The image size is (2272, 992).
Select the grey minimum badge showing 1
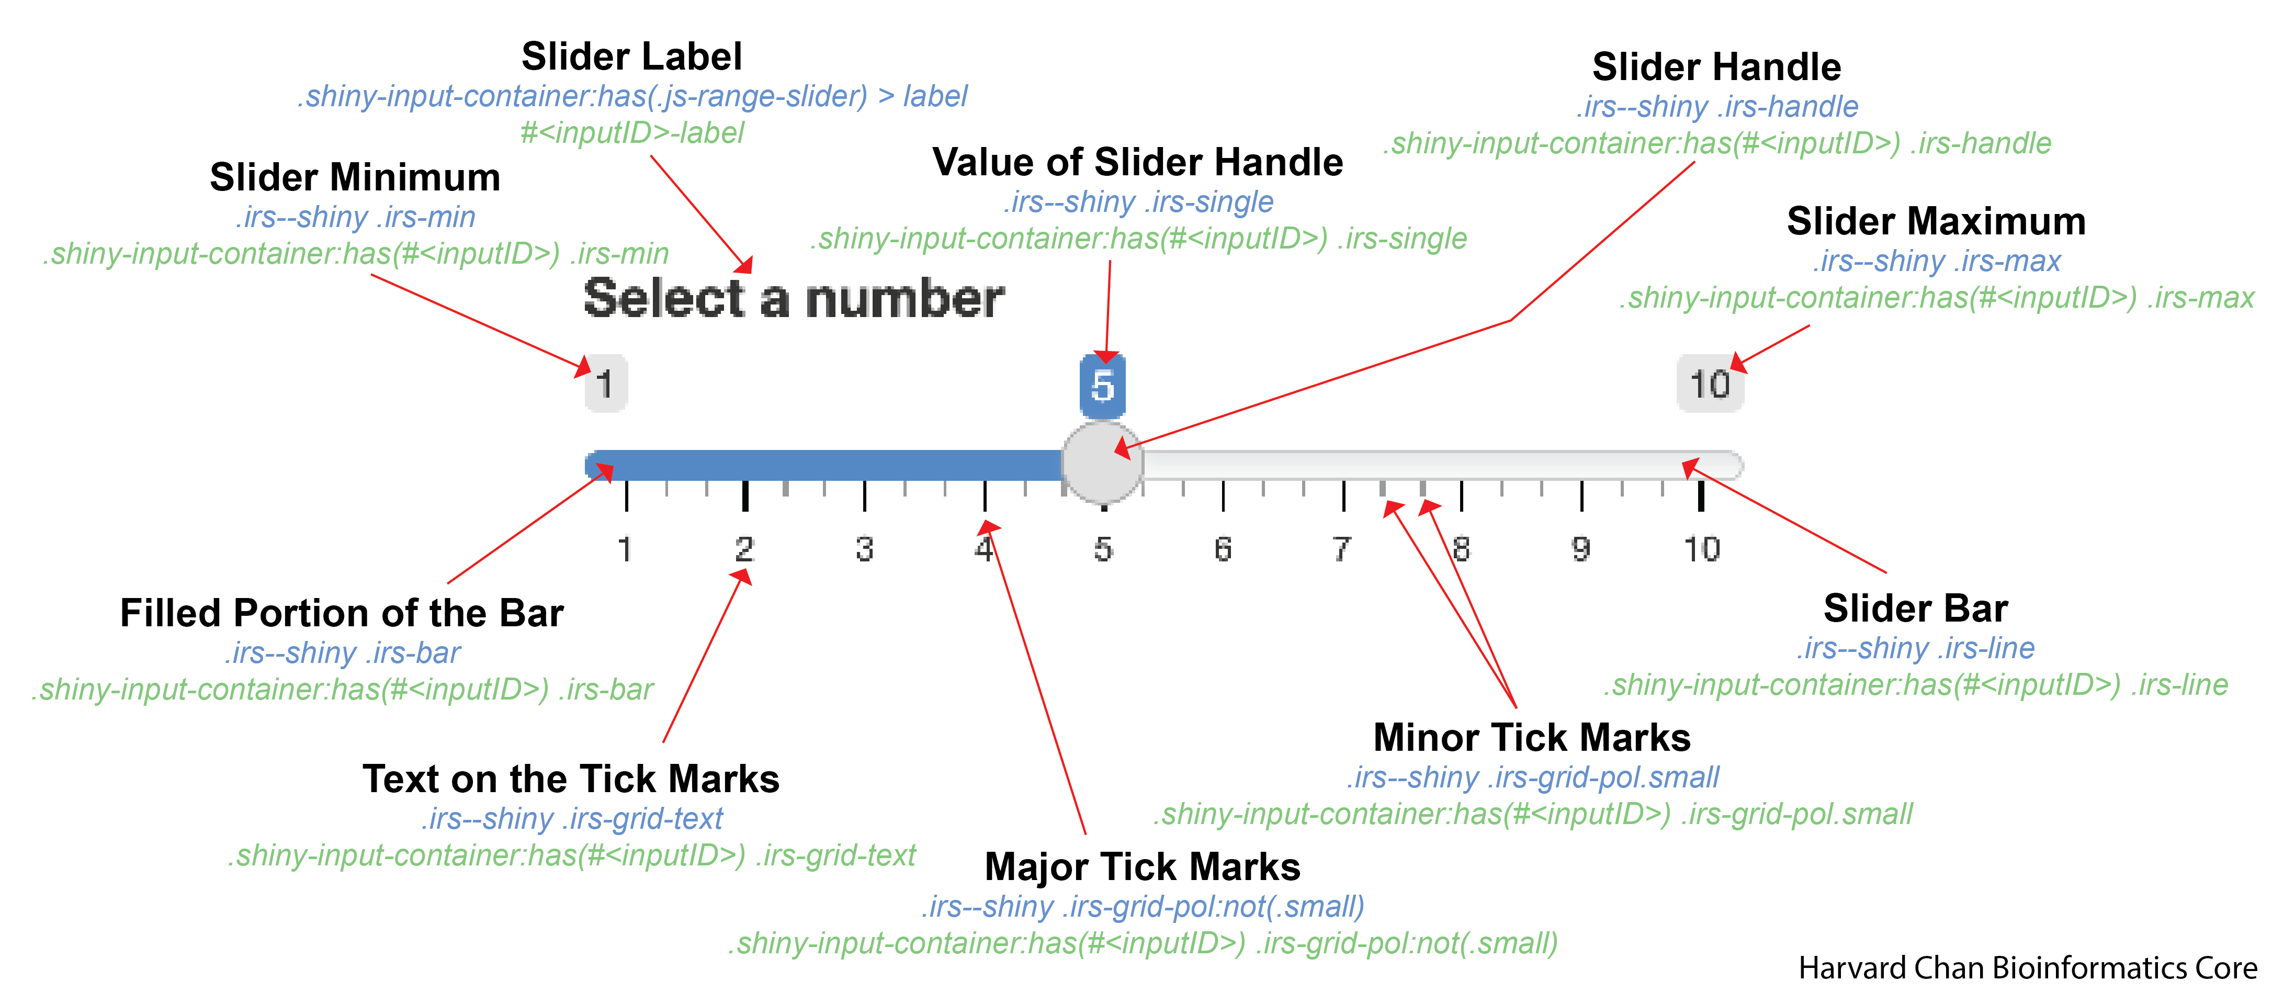point(606,384)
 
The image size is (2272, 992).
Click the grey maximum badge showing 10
point(1709,384)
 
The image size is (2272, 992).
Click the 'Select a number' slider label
point(794,298)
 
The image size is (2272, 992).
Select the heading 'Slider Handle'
point(1716,67)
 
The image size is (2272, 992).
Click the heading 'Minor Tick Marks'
point(1532,737)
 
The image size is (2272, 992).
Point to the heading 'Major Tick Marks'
point(1142,867)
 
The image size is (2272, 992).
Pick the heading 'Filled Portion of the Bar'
point(341,613)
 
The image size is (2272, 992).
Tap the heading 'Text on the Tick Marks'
point(571,779)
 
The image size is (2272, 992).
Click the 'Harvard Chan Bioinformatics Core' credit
point(2027,968)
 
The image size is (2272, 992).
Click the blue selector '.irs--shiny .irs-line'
point(1916,648)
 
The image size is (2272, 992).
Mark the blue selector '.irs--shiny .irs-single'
point(1138,202)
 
